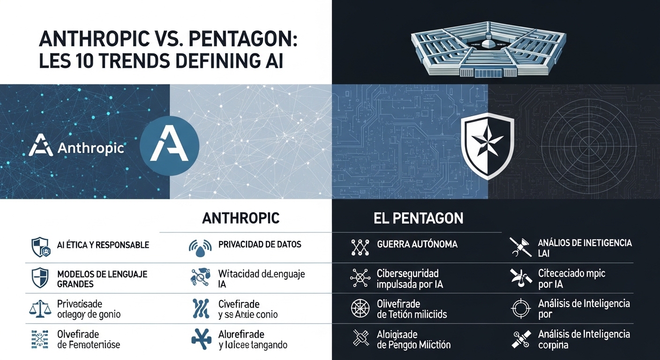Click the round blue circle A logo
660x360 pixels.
170,146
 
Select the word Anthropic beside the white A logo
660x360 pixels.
90,149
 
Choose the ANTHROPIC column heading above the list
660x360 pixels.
241,218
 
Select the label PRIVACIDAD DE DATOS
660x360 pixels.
260,244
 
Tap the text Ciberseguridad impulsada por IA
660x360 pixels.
410,278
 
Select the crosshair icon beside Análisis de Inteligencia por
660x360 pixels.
520,308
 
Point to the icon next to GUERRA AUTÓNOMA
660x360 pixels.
360,247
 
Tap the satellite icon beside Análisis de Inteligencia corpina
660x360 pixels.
520,339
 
